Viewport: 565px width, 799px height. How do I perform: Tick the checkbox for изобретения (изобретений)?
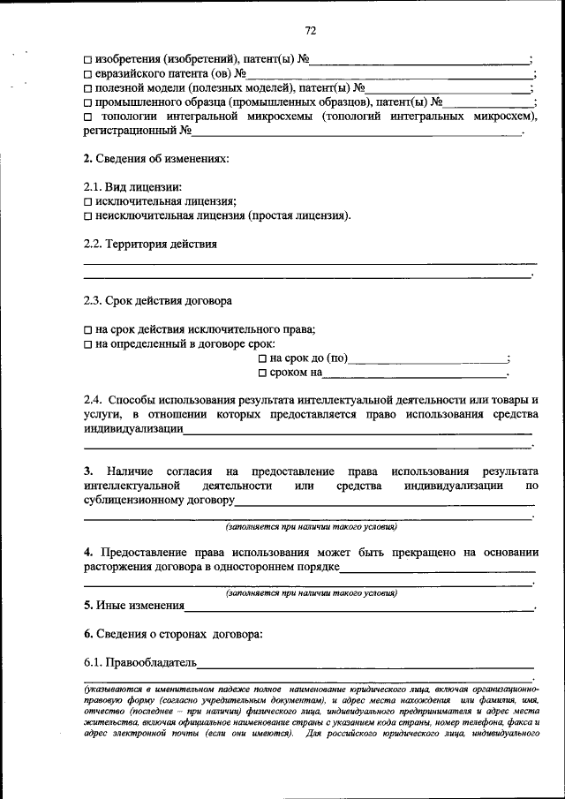(88, 60)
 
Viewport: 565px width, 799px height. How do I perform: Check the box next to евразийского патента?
(88, 74)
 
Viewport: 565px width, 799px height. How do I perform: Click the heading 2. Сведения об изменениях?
(155, 159)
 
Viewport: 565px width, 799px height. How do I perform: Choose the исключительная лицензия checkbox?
(88, 201)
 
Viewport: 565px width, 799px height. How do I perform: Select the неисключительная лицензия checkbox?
(88, 215)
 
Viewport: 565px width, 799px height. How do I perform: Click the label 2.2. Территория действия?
(149, 244)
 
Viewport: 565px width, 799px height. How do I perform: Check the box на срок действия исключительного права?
(88, 329)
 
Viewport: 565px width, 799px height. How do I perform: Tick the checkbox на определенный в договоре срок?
(88, 343)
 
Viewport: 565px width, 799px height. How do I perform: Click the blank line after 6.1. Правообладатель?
(365, 664)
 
